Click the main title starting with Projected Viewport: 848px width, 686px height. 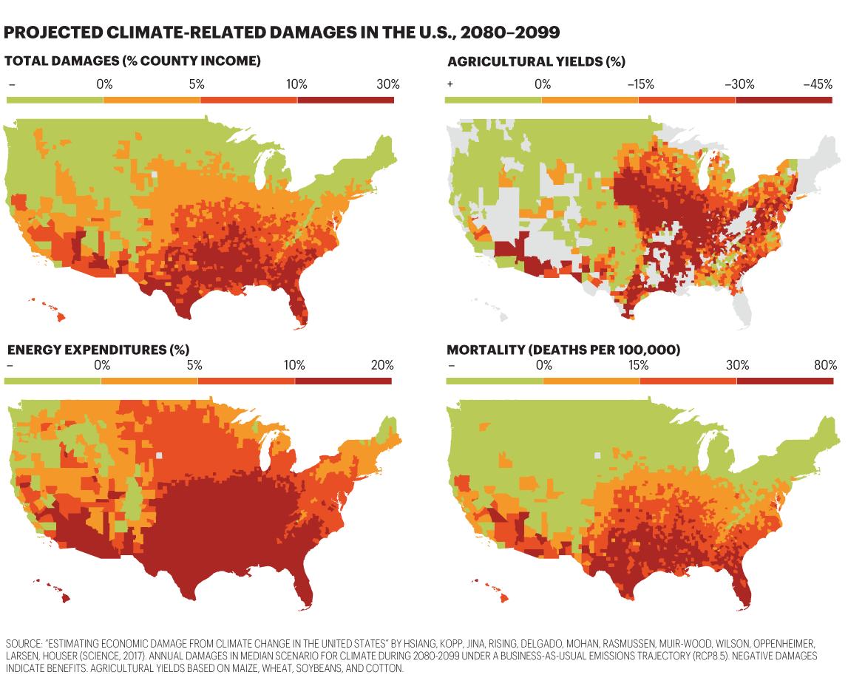click(x=281, y=32)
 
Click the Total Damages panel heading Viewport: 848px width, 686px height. click(x=132, y=61)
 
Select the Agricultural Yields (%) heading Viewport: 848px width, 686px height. click(x=536, y=61)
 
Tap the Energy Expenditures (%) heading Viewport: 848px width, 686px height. click(x=98, y=349)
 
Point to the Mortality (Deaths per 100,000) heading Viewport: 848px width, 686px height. click(x=563, y=349)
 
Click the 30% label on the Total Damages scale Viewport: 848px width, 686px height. click(x=387, y=84)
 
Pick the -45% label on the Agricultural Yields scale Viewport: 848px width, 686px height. click(x=818, y=84)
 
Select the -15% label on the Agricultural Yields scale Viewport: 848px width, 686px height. click(x=640, y=84)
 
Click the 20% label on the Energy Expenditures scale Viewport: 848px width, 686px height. click(x=382, y=365)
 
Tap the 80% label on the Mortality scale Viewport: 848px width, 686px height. click(x=825, y=365)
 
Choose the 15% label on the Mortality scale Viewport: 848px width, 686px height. click(x=638, y=365)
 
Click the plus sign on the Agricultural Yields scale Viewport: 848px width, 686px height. click(x=450, y=84)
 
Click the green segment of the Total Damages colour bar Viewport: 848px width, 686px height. click(x=55, y=100)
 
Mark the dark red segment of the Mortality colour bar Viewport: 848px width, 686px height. click(x=784, y=381)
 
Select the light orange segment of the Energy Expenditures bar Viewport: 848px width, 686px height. click(x=149, y=381)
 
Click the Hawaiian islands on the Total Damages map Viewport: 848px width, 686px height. click(x=49, y=310)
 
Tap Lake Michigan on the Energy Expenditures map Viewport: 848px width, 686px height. click(x=265, y=449)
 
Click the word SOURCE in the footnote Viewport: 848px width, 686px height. click(x=23, y=643)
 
